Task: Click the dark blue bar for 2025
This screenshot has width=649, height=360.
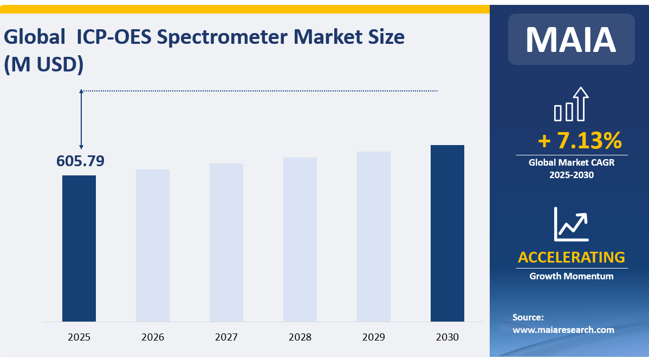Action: click(79, 248)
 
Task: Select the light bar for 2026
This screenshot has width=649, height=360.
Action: click(153, 246)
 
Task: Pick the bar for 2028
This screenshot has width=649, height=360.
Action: click(300, 240)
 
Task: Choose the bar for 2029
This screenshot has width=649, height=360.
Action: click(374, 237)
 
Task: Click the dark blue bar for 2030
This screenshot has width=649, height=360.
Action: click(447, 233)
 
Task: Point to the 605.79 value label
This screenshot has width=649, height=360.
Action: click(80, 161)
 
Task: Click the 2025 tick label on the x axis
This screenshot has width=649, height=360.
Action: click(79, 337)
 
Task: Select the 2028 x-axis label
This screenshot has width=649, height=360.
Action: click(300, 337)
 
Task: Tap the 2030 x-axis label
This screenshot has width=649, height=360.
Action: click(447, 337)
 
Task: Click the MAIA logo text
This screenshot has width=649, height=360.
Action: click(571, 39)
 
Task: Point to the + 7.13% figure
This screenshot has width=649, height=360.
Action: click(580, 141)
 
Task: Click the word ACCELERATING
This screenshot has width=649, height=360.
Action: click(571, 257)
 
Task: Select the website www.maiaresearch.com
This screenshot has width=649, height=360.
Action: click(563, 329)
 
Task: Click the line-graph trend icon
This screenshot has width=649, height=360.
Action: click(571, 224)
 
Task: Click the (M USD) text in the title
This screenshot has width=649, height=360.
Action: click(43, 64)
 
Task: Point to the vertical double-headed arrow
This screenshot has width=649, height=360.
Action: click(81, 119)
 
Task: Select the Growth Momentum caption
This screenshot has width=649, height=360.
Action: click(571, 276)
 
